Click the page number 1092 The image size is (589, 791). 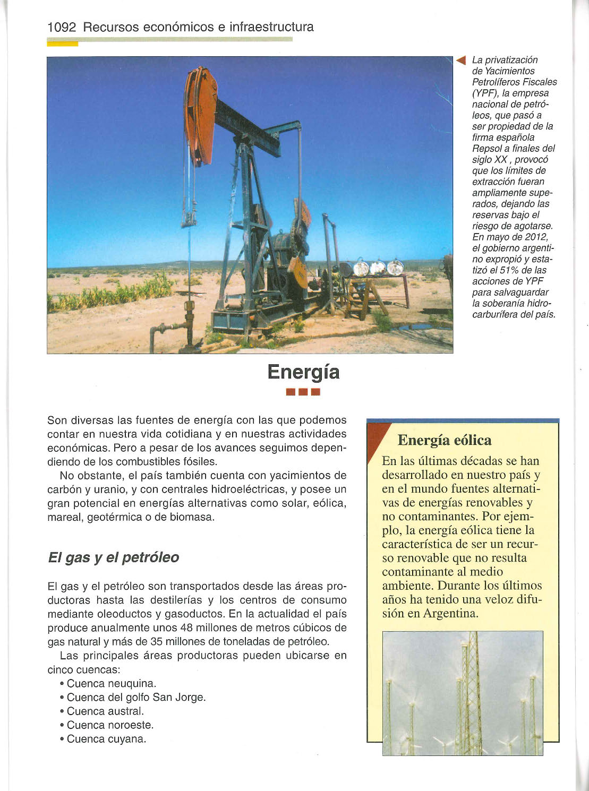tap(62, 27)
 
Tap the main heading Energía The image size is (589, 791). tap(303, 372)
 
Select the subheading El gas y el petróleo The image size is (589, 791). tap(113, 557)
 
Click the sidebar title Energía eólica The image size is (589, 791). tap(445, 440)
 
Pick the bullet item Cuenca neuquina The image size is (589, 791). tap(112, 683)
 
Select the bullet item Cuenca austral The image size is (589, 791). tap(105, 711)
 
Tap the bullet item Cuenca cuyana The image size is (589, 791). tap(106, 739)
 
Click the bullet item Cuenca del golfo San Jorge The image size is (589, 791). tap(136, 697)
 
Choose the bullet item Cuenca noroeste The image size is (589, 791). tap(110, 725)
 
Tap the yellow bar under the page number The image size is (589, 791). tap(63, 44)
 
